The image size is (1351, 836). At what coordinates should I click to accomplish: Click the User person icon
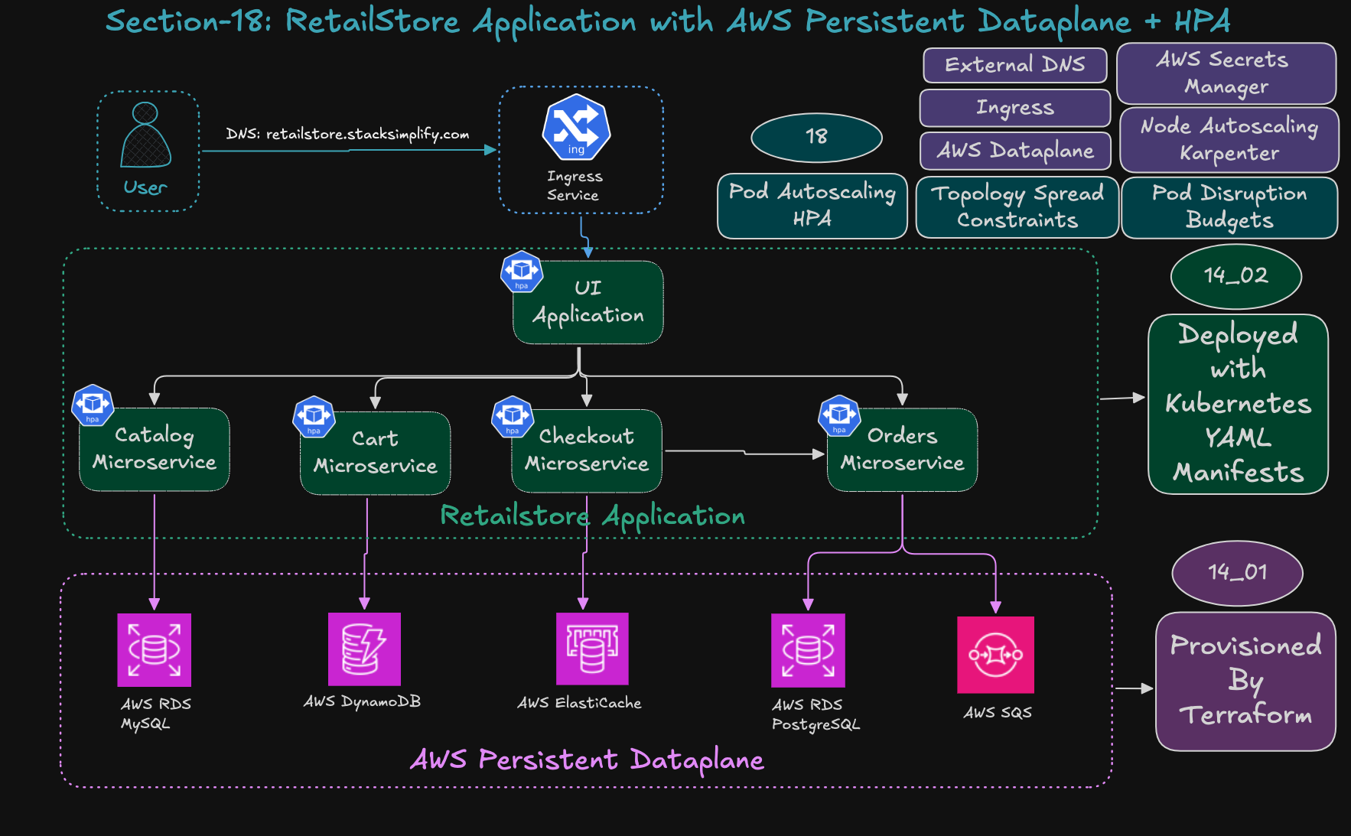pyautogui.click(x=145, y=135)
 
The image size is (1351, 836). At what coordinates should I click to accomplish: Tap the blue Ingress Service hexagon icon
pyautogui.click(x=576, y=127)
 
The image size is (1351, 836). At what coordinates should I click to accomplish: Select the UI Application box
pyautogui.click(x=588, y=302)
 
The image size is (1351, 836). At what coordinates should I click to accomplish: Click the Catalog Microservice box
pyautogui.click(x=155, y=449)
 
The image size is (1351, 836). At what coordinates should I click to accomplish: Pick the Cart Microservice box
pyautogui.click(x=375, y=453)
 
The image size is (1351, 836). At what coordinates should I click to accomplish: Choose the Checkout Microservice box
pyautogui.click(x=587, y=451)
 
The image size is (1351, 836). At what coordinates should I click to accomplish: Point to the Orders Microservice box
pyautogui.click(x=902, y=450)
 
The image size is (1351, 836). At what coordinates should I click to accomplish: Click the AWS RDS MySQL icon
pyautogui.click(x=155, y=650)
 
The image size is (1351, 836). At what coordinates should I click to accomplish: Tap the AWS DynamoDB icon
pyautogui.click(x=364, y=649)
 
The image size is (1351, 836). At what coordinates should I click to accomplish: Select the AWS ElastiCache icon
pyautogui.click(x=592, y=649)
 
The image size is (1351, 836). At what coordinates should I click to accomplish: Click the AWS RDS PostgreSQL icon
pyautogui.click(x=808, y=650)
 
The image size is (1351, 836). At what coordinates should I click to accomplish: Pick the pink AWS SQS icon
pyautogui.click(x=995, y=655)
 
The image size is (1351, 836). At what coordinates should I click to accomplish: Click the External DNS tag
pyautogui.click(x=1014, y=65)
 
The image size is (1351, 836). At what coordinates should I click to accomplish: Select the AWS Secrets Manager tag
pyautogui.click(x=1226, y=73)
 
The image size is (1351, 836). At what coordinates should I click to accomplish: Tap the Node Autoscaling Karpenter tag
pyautogui.click(x=1229, y=140)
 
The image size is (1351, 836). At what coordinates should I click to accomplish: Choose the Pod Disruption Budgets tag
pyautogui.click(x=1229, y=207)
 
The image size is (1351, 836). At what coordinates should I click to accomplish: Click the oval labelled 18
pyautogui.click(x=816, y=138)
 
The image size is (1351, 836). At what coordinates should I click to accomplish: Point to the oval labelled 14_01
pyautogui.click(x=1237, y=573)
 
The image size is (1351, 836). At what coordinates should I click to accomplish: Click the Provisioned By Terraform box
pyautogui.click(x=1245, y=681)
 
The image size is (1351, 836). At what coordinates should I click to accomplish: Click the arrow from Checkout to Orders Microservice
pyautogui.click(x=744, y=453)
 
